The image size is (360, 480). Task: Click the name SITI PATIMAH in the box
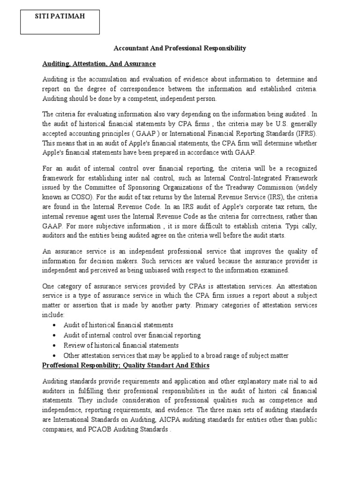pyautogui.click(x=60, y=16)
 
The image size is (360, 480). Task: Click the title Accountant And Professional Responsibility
pyautogui.click(x=180, y=48)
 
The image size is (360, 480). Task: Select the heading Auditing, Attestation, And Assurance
pyautogui.click(x=98, y=63)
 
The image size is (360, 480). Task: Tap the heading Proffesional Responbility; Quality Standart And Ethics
pyautogui.click(x=126, y=365)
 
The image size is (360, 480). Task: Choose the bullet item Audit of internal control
pyautogui.click(x=132, y=335)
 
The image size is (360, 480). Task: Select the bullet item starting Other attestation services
pyautogui.click(x=176, y=356)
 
